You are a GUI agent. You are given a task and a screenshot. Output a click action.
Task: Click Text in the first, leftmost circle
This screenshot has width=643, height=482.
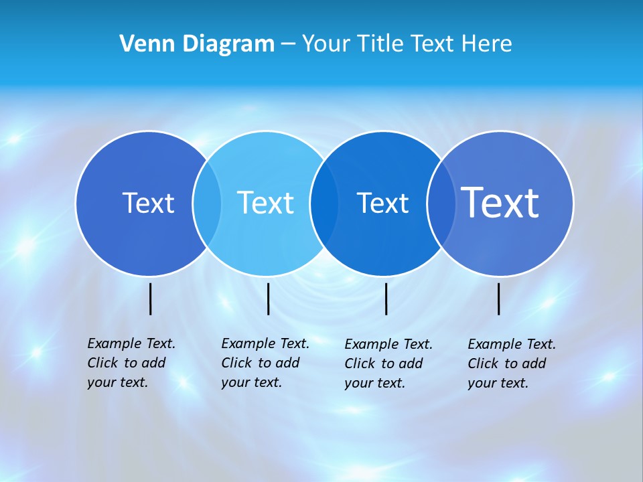point(148,203)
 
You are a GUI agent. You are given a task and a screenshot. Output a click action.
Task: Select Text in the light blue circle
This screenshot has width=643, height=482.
point(265,203)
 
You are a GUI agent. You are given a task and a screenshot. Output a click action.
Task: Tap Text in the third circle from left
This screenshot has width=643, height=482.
point(382,203)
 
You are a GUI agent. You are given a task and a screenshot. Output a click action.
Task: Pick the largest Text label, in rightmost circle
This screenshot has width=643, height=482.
point(500,203)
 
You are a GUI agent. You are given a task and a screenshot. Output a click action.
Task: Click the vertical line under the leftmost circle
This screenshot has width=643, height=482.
point(151,299)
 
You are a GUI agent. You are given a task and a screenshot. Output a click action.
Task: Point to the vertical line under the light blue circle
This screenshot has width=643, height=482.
point(268,299)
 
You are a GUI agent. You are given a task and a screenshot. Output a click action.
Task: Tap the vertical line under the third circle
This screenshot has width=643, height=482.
point(386,299)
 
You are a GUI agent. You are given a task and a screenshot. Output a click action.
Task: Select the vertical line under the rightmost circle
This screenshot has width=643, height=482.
point(499,299)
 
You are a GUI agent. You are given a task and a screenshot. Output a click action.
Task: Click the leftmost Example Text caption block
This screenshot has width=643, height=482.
point(131,363)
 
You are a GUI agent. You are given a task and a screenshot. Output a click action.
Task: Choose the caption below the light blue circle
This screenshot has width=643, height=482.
point(265,363)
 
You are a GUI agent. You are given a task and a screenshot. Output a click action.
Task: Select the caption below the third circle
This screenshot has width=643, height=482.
point(388,364)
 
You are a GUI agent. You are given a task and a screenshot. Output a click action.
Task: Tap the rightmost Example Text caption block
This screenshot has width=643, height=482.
point(512,364)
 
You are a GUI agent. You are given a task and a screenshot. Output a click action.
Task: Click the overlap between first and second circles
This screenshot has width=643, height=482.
point(207,203)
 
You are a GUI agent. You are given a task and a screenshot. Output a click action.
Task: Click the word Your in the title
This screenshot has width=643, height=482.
point(327,44)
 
